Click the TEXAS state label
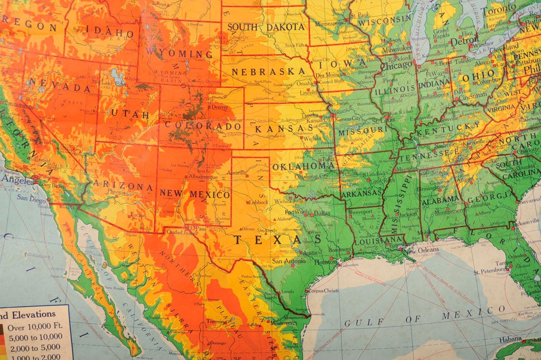click(x=277, y=239)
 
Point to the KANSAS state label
click(x=284, y=128)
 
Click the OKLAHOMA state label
click(x=304, y=165)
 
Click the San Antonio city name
click(x=288, y=261)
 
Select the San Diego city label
click(x=31, y=198)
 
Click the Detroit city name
click(x=464, y=40)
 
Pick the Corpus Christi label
click(x=323, y=290)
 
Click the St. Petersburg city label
click(x=490, y=272)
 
